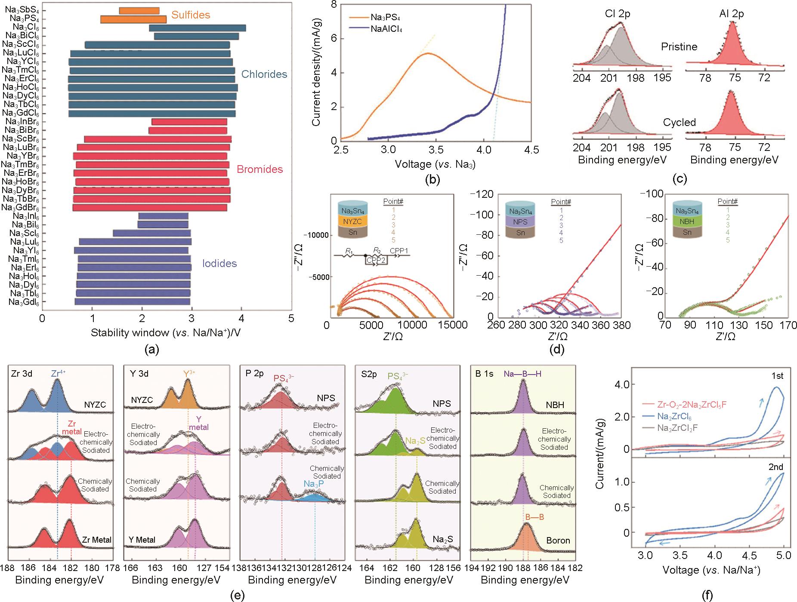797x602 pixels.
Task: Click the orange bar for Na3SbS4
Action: [139, 11]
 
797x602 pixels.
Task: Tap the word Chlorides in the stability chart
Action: [264, 74]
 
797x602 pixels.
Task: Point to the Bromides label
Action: [260, 169]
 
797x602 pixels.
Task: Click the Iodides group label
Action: [219, 263]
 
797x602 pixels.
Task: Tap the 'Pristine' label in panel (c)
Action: [679, 46]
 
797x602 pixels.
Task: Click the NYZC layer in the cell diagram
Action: [353, 222]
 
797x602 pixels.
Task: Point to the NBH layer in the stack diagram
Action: [687, 222]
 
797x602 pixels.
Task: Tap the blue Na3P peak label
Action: [315, 484]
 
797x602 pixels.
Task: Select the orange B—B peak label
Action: [534, 517]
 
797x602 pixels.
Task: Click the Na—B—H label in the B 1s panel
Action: [522, 374]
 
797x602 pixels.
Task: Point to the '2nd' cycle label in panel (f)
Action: [775, 467]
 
